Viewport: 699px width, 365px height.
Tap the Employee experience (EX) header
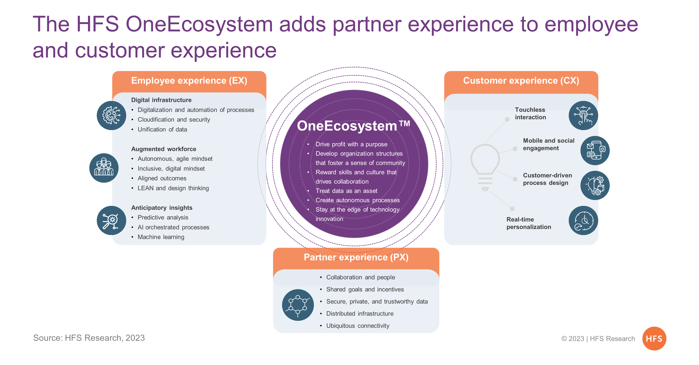(x=189, y=81)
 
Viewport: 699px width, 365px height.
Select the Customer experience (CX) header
(x=521, y=81)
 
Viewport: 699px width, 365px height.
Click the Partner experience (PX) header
(x=356, y=257)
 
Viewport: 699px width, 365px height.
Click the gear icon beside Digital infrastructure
(x=111, y=115)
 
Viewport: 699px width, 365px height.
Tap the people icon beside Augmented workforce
(x=104, y=168)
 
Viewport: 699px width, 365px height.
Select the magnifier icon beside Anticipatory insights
(x=111, y=220)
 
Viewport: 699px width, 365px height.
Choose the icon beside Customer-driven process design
(x=595, y=185)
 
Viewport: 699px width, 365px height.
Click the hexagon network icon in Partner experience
(x=298, y=305)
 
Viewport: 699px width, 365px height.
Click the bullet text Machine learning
(x=161, y=237)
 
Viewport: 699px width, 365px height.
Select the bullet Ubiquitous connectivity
(x=358, y=326)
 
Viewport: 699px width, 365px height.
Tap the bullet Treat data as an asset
(x=346, y=191)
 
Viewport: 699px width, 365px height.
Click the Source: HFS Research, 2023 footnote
(x=89, y=338)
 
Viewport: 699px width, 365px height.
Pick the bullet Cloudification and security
(x=174, y=119)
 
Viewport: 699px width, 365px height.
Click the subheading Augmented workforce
(x=164, y=149)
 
